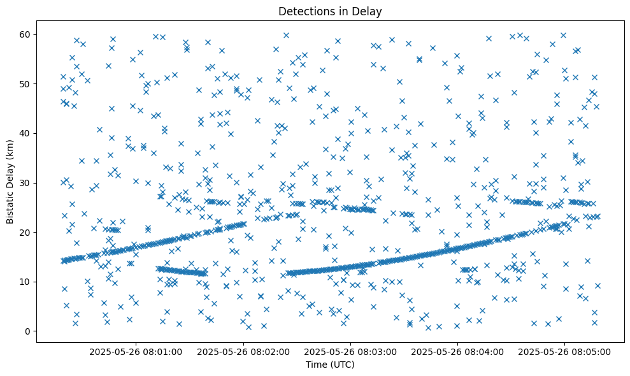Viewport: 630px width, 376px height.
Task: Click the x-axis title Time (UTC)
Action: [330, 365]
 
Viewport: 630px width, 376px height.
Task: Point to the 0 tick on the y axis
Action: [29, 331]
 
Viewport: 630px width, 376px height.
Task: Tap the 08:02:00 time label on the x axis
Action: [243, 351]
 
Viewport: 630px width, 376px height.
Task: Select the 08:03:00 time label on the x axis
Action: [350, 351]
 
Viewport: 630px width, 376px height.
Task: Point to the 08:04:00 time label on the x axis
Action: [457, 351]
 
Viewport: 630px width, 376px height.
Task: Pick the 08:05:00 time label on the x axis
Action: [564, 351]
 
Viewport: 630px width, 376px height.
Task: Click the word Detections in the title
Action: [303, 11]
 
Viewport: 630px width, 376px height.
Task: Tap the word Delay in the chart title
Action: [369, 11]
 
